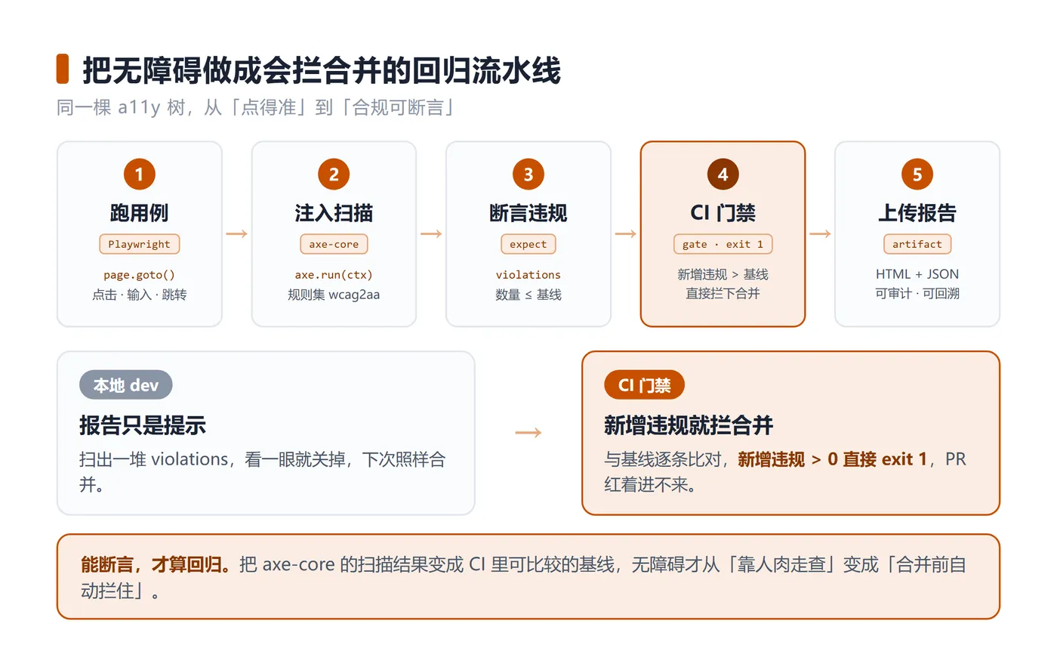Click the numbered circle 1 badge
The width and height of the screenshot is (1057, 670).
pyautogui.click(x=139, y=174)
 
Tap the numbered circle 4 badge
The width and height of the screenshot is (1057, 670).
pyautogui.click(x=723, y=174)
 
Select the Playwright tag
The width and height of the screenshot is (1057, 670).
pyautogui.click(x=139, y=244)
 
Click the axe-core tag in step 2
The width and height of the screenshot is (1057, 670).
pyautogui.click(x=334, y=244)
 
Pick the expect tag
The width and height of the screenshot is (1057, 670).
pyautogui.click(x=528, y=244)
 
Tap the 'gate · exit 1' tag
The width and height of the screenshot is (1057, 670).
pyautogui.click(x=723, y=244)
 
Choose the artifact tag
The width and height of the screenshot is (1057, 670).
pyautogui.click(x=917, y=244)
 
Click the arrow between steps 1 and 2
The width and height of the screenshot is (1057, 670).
pyautogui.click(x=237, y=233)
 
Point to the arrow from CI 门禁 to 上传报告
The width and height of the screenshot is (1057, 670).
pyautogui.click(x=820, y=233)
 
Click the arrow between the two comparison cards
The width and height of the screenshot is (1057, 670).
pyautogui.click(x=528, y=433)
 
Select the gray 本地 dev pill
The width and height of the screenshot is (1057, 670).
pyautogui.click(x=125, y=384)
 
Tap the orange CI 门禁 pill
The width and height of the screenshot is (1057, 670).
pyautogui.click(x=644, y=384)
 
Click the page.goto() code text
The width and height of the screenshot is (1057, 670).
pyautogui.click(x=139, y=275)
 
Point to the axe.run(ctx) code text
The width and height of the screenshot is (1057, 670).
pyautogui.click(x=334, y=275)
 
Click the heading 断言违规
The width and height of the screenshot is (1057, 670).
pyautogui.click(x=528, y=213)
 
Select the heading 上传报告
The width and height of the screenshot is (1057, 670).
pyautogui.click(x=917, y=213)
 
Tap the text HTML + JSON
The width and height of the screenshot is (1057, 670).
pyautogui.click(x=917, y=274)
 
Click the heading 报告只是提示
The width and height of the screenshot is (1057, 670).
pyautogui.click(x=143, y=425)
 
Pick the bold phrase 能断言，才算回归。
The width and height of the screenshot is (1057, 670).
pyautogui.click(x=156, y=565)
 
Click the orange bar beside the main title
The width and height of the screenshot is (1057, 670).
pyautogui.click(x=62, y=69)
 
